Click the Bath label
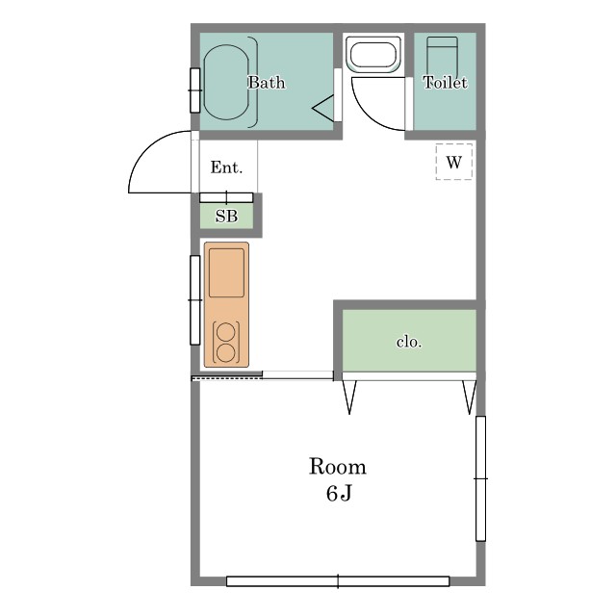coord(267,83)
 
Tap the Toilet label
coord(445,83)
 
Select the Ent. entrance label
coord(226,167)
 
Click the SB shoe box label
coord(226,216)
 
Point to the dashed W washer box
coord(453,162)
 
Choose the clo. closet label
coord(409,343)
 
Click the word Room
coord(338,467)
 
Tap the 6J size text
coord(339,494)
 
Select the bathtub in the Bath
coord(226,82)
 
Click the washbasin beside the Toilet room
coord(373,54)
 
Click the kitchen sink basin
coord(226,272)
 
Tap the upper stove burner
coord(226,332)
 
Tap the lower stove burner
coord(226,352)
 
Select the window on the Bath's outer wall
coord(194,90)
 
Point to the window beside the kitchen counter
coord(194,300)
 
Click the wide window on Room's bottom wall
coord(338,581)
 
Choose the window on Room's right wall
coord(480,478)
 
